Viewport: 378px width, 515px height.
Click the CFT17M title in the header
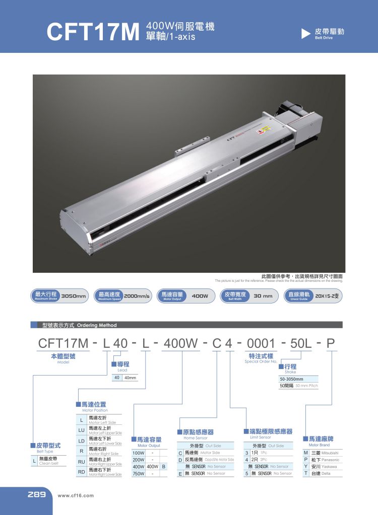pyautogui.click(x=92, y=31)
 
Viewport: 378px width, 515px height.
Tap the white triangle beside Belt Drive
pyautogui.click(x=305, y=34)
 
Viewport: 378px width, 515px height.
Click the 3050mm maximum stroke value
pyautogui.click(x=74, y=296)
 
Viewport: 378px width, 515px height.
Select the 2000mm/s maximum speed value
pyautogui.click(x=138, y=296)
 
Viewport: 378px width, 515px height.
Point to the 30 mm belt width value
pyautogui.click(x=263, y=296)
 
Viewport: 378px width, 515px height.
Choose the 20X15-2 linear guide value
pyautogui.click(x=329, y=296)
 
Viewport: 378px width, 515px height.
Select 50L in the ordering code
pyautogui.click(x=302, y=344)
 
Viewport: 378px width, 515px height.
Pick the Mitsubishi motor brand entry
pyautogui.click(x=325, y=453)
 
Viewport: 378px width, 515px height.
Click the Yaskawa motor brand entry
pyautogui.click(x=325, y=467)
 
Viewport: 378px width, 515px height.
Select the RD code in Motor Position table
pyautogui.click(x=81, y=472)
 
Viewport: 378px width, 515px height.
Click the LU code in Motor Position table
pyautogui.click(x=81, y=430)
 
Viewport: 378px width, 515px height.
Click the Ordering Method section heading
pyautogui.click(x=80, y=325)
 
